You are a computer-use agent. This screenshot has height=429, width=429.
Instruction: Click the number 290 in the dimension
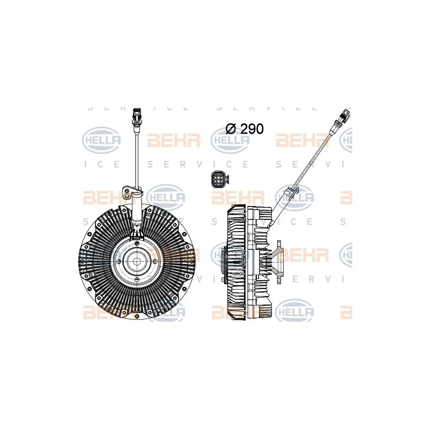pyautogui.click(x=251, y=129)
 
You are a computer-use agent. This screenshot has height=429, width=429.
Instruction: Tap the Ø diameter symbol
pyautogui.click(x=231, y=129)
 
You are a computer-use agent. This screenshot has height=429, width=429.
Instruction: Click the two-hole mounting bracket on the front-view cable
pyautogui.click(x=129, y=190)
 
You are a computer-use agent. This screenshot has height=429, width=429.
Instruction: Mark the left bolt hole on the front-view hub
pyautogui.click(x=121, y=262)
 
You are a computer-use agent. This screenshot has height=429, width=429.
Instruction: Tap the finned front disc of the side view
pyautogui.click(x=236, y=260)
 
